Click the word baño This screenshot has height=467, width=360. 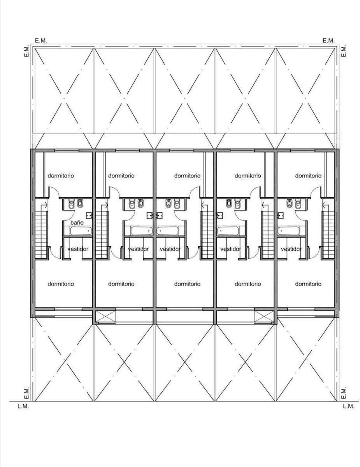77,223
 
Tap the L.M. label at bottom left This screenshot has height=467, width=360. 23,406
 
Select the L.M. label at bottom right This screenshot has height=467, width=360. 348,406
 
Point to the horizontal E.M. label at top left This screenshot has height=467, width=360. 41,40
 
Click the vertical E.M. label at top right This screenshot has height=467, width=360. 343,51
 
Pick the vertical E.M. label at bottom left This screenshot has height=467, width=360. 26,393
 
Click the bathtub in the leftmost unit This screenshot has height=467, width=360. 81,231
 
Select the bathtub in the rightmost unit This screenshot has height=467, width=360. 289,231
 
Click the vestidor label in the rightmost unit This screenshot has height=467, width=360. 291,249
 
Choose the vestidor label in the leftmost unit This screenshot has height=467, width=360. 78,249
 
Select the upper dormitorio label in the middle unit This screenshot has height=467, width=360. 187,176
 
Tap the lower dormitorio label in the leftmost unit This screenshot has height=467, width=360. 61,284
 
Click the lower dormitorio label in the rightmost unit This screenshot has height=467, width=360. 308,284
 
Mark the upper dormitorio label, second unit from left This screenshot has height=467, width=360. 121,176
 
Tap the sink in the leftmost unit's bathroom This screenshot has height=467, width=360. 90,215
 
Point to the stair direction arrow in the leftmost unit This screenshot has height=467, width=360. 45,205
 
